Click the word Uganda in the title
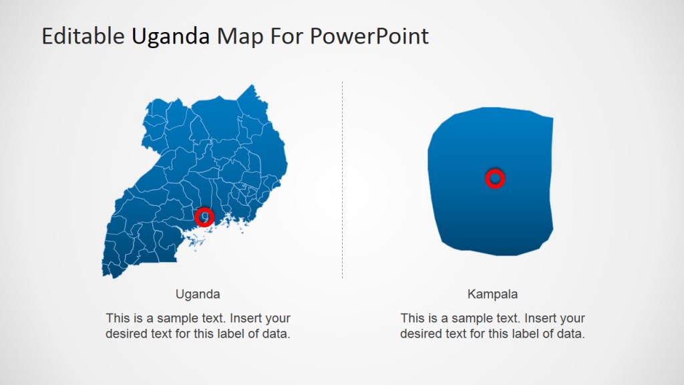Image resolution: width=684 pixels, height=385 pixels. click(x=170, y=36)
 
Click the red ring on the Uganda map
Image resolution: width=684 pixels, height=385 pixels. click(x=204, y=217)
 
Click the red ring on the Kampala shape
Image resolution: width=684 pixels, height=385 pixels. click(x=494, y=178)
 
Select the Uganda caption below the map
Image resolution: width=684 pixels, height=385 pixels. click(x=198, y=293)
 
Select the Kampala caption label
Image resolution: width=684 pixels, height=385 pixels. click(x=492, y=293)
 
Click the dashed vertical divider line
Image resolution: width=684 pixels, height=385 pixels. click(x=342, y=180)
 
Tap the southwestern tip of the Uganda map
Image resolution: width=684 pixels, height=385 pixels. click(x=106, y=273)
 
